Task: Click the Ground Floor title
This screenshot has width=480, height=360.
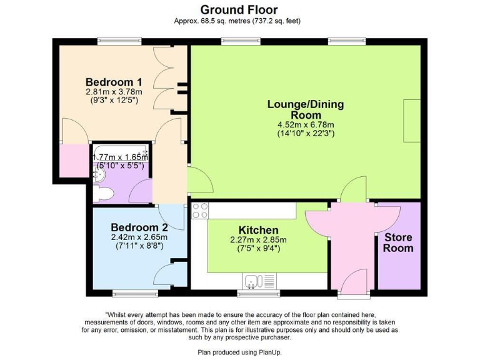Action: tap(239, 9)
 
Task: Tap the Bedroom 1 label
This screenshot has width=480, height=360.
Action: tap(114, 82)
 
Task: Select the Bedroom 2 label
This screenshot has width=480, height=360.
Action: tap(139, 227)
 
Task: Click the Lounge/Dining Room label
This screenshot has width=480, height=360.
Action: tap(306, 109)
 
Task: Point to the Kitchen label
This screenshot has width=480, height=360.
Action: tap(258, 231)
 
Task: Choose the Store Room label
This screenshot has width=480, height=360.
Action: tap(398, 242)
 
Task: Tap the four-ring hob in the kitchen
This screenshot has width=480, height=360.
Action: tap(200, 211)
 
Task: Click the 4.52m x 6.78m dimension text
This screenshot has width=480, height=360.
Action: tap(306, 124)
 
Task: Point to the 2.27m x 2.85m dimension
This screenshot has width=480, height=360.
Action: tap(258, 240)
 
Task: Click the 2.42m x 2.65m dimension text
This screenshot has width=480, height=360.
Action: tap(139, 237)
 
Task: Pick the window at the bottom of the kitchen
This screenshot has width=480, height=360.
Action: tap(259, 292)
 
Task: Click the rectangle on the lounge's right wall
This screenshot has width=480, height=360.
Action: tap(411, 114)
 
